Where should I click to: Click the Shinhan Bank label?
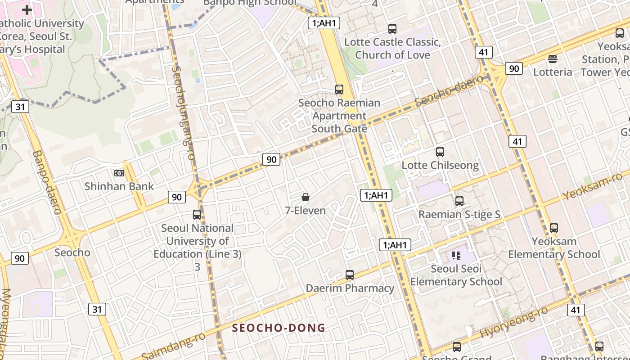119,186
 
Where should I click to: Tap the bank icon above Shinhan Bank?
119,173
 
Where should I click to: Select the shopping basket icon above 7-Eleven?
306,197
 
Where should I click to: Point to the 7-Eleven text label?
306,210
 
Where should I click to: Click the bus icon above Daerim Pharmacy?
350,274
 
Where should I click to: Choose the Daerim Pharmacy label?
350,288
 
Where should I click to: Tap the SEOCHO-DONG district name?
279,328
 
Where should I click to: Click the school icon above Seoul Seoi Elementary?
456,256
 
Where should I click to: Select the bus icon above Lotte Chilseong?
440,152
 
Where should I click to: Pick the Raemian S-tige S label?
459,214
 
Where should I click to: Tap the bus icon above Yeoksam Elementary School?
554,228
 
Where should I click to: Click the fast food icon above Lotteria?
553,59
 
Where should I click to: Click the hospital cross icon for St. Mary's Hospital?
27,9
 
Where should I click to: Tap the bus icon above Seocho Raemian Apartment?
339,89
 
